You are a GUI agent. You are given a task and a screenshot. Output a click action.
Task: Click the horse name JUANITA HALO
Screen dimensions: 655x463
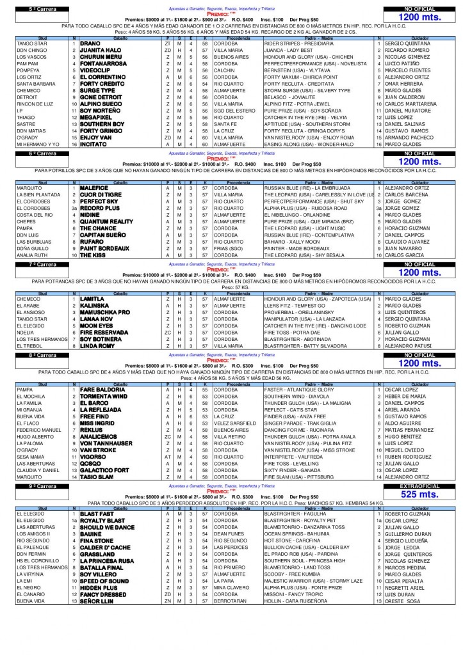[x=101, y=50]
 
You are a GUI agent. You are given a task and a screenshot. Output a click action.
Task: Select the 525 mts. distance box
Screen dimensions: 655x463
[x=419, y=494]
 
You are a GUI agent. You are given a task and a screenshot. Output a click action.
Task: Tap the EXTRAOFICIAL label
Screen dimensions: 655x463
[x=419, y=486]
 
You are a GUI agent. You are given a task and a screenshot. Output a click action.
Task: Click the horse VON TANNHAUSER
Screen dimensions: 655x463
[x=106, y=443]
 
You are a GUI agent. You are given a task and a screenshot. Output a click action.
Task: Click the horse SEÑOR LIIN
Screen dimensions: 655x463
[x=100, y=601]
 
